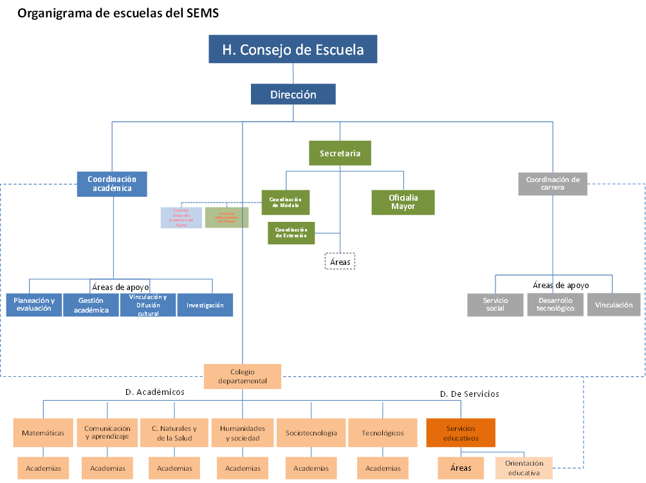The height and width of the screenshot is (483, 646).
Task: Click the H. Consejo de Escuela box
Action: click(x=293, y=50)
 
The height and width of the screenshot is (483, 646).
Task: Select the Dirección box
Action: click(x=293, y=95)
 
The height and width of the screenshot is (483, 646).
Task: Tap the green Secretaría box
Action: click(x=340, y=154)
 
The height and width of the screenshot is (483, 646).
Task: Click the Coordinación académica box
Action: click(x=113, y=184)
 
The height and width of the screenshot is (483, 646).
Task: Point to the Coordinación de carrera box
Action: click(x=553, y=183)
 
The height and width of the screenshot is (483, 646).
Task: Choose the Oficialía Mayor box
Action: click(x=403, y=202)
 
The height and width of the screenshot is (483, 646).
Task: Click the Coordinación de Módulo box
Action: click(x=286, y=202)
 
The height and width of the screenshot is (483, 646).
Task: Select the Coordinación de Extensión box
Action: click(x=291, y=233)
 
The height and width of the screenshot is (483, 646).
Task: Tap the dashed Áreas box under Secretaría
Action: click(x=340, y=262)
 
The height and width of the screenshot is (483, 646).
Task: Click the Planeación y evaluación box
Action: click(x=34, y=305)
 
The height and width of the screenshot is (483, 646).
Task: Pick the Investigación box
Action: click(x=205, y=305)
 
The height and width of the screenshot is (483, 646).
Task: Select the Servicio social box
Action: click(x=495, y=305)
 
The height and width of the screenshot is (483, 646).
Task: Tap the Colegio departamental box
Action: click(x=242, y=376)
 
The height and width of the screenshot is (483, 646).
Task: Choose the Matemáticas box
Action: click(x=43, y=433)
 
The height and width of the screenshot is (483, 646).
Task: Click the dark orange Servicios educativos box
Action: click(x=461, y=433)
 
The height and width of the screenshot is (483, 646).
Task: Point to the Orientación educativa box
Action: click(x=524, y=468)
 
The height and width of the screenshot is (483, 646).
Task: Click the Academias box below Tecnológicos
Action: click(x=383, y=468)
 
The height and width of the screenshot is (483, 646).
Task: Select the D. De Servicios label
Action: click(x=469, y=394)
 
